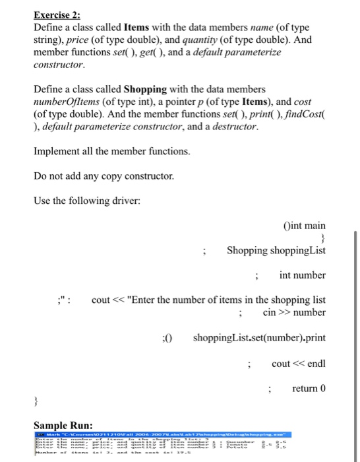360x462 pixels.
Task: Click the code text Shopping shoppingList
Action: coord(276,251)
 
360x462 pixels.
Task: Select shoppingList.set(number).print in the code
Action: coord(259,338)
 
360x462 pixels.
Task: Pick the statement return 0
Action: coord(309,388)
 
